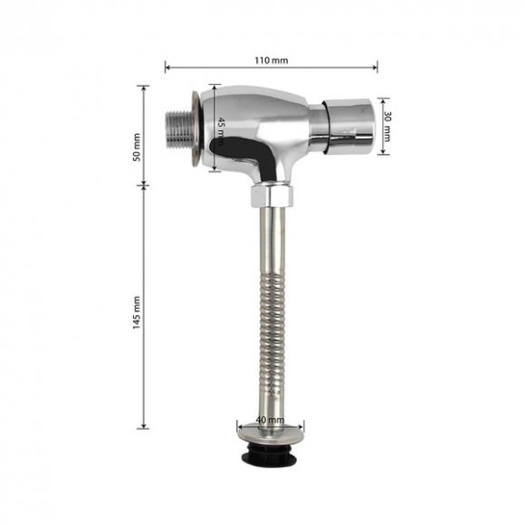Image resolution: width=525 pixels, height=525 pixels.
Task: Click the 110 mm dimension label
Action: (272, 61)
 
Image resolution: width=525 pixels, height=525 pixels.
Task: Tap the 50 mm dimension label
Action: (137, 148)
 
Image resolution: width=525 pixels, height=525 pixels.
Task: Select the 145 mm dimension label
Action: (137, 312)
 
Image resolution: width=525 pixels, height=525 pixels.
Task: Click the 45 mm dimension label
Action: (221, 131)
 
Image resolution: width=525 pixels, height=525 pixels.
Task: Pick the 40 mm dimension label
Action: (270, 419)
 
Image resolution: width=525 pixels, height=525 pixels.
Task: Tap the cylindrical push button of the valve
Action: (348, 127)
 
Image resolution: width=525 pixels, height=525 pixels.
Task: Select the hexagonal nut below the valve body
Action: (272, 196)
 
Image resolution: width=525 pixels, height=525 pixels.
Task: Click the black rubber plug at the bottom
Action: (270, 452)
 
